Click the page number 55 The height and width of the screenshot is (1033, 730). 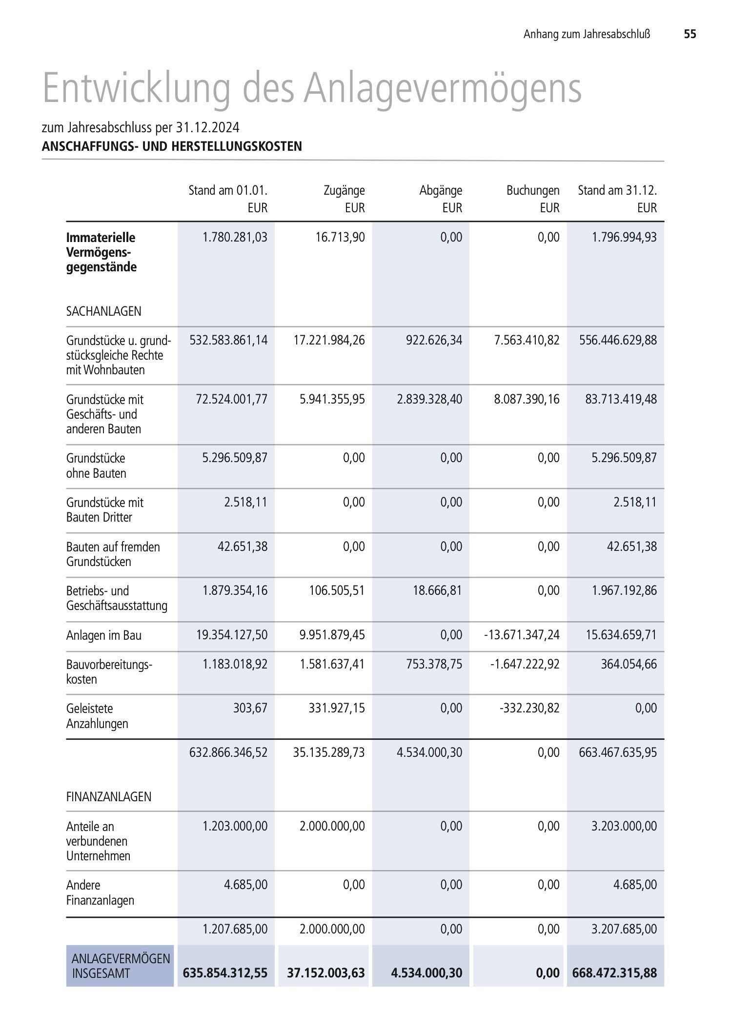coord(689,34)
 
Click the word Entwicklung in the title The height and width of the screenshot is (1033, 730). coord(136,88)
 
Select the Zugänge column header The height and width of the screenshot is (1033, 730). coord(344,190)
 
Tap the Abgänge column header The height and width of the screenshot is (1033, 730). coord(441,190)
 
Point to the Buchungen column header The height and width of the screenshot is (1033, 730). coord(533,190)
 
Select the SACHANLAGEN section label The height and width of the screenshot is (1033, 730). coord(104,311)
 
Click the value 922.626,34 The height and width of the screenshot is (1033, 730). coord(434,340)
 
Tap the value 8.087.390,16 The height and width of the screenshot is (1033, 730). coord(527,399)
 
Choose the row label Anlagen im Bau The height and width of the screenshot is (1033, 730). coord(104,635)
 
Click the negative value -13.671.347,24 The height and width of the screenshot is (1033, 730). coord(522,635)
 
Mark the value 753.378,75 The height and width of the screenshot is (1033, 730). coord(434,664)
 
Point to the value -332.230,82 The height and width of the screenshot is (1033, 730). coord(529,708)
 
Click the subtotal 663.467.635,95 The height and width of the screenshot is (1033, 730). coord(618,752)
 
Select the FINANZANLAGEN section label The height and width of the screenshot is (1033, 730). coord(109,797)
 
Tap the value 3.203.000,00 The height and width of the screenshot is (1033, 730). coord(624,826)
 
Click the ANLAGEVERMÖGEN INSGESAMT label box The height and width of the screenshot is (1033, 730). coord(120,966)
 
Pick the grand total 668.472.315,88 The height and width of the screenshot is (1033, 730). coord(615,973)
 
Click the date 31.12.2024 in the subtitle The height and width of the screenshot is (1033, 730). coord(208,128)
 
